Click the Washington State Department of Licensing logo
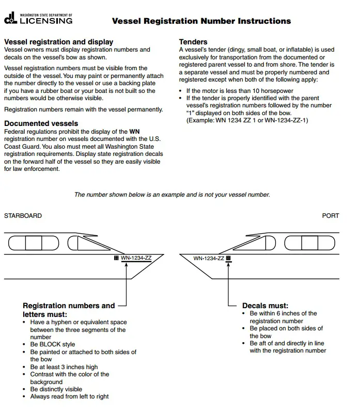click(x=38, y=20)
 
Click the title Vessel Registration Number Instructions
click(x=201, y=21)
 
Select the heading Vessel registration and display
click(x=58, y=42)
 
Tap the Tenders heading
click(x=193, y=42)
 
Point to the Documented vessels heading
click(x=41, y=123)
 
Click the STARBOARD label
click(x=23, y=215)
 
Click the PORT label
click(x=331, y=215)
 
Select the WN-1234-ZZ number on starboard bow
click(x=136, y=258)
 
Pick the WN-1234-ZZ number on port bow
click(x=209, y=258)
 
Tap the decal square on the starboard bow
click(x=116, y=258)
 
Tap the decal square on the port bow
click(x=228, y=258)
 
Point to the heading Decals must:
click(x=265, y=306)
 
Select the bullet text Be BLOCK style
click(x=52, y=344)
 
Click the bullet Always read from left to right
click(x=69, y=396)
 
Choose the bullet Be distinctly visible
click(x=56, y=389)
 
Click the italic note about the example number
click(x=172, y=195)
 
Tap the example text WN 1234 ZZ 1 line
click(x=247, y=120)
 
